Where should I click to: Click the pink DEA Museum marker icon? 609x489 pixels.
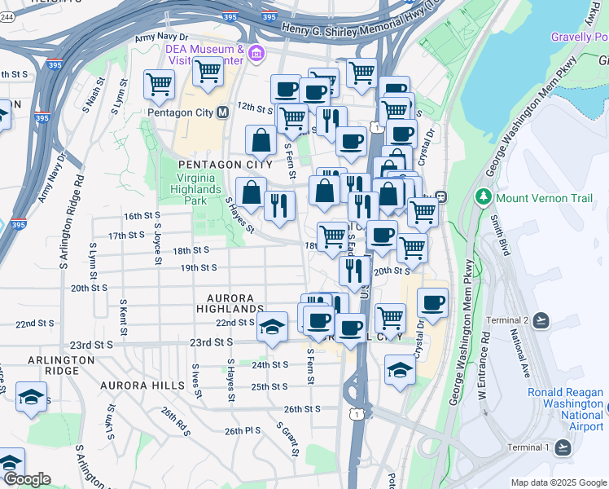[257, 55]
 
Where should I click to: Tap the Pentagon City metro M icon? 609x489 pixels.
[221, 112]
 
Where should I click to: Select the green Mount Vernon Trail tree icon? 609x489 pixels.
[483, 196]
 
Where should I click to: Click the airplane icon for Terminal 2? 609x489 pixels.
[542, 320]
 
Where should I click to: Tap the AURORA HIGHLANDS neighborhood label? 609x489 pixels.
[230, 303]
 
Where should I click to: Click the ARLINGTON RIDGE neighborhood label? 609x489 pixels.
[60, 367]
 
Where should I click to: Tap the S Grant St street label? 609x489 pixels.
[289, 438]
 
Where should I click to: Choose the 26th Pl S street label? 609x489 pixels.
[243, 430]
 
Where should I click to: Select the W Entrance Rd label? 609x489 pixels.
[481, 361]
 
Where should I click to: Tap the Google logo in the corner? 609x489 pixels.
[26, 479]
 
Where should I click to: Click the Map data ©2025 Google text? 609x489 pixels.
[559, 482]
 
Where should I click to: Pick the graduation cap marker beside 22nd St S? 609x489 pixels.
[273, 328]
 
